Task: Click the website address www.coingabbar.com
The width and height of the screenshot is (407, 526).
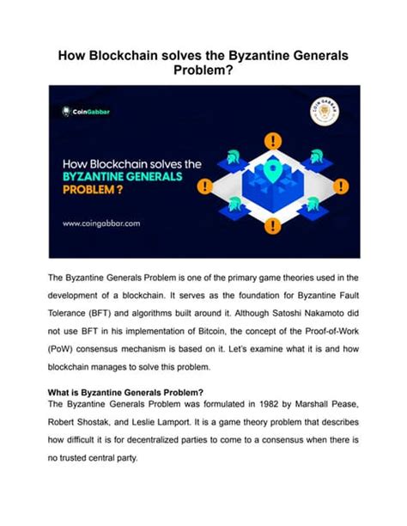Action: [100, 223]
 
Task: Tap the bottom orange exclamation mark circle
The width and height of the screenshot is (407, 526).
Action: [273, 226]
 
